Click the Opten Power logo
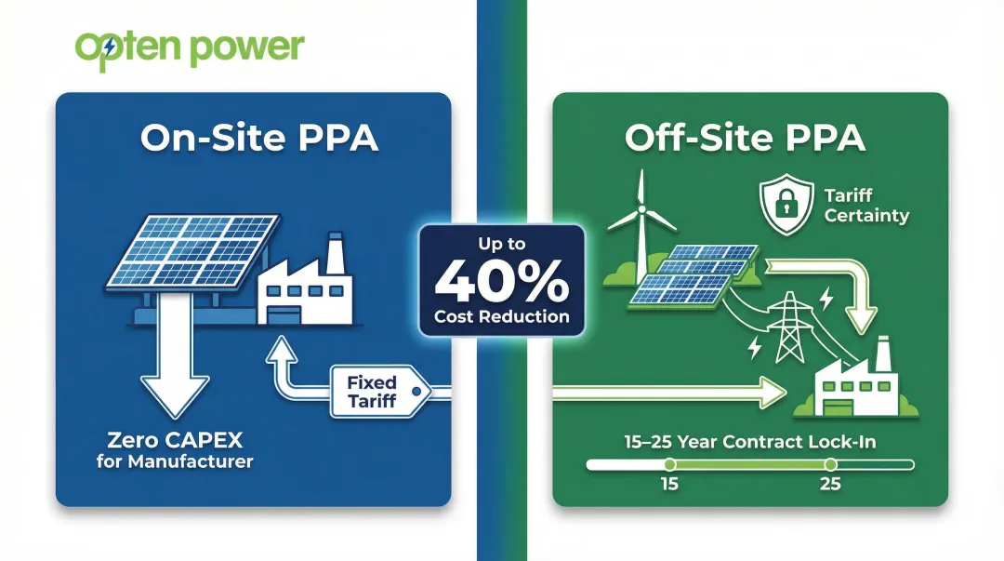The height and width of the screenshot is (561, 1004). [190, 47]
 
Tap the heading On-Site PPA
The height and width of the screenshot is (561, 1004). [259, 137]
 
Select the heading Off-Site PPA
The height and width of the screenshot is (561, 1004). [746, 137]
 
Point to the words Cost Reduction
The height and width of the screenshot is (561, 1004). [502, 316]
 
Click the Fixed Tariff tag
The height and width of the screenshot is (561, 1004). [372, 391]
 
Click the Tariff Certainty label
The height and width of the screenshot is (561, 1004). [866, 206]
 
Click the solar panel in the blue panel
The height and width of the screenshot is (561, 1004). [192, 249]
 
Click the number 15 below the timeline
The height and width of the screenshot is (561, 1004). [668, 485]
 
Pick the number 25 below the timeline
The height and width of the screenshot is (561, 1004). [830, 485]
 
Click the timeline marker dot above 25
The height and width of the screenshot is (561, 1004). [830, 463]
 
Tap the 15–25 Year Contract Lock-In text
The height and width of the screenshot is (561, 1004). [750, 441]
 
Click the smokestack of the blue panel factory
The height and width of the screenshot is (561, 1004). [334, 250]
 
